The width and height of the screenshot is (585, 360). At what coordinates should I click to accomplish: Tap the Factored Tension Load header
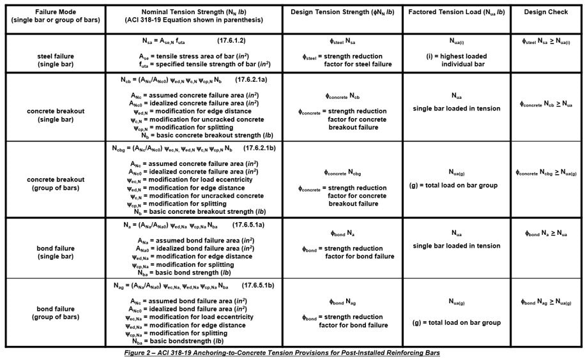tap(456, 12)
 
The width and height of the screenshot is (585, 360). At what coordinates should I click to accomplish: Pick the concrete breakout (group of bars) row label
tap(54, 184)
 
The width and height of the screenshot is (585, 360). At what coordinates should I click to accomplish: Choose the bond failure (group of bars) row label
tap(54, 312)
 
